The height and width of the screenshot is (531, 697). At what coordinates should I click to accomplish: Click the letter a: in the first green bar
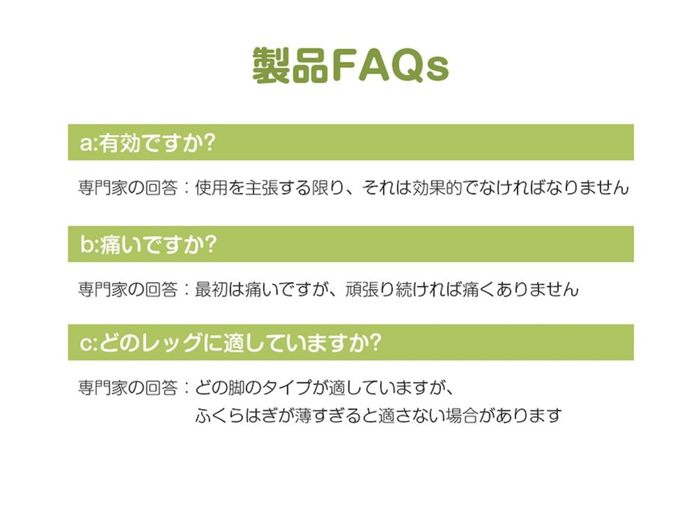[89, 143]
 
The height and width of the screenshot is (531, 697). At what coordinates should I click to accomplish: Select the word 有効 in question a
[119, 143]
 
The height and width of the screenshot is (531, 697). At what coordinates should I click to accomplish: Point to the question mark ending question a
[209, 142]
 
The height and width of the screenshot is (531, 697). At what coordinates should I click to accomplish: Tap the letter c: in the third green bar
[89, 343]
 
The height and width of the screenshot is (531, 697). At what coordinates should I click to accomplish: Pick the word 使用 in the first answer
[211, 187]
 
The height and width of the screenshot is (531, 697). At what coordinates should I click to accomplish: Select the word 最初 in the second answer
[211, 289]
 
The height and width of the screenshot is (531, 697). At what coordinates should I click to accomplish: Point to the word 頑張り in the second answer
[370, 289]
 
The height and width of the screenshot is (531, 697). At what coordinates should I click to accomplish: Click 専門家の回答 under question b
[127, 289]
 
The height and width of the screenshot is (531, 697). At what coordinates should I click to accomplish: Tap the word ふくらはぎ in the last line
[236, 416]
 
